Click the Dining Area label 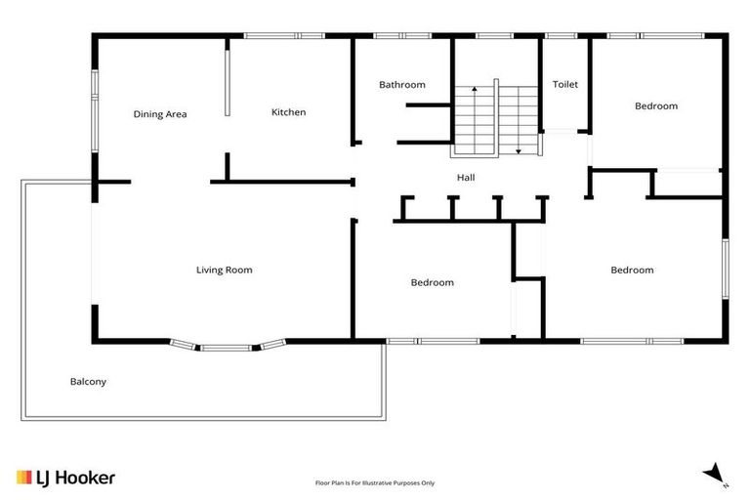pyautogui.click(x=160, y=114)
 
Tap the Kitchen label pyautogui.click(x=288, y=112)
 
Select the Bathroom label pyautogui.click(x=402, y=85)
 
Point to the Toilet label pyautogui.click(x=565, y=85)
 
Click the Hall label pyautogui.click(x=466, y=178)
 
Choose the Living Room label pyautogui.click(x=225, y=270)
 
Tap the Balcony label pyautogui.click(x=88, y=382)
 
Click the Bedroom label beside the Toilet pyautogui.click(x=655, y=105)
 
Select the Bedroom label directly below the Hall pyautogui.click(x=432, y=282)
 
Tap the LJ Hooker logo pyautogui.click(x=66, y=478)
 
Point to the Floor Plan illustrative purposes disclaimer pyautogui.click(x=375, y=482)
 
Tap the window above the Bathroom pyautogui.click(x=402, y=36)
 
